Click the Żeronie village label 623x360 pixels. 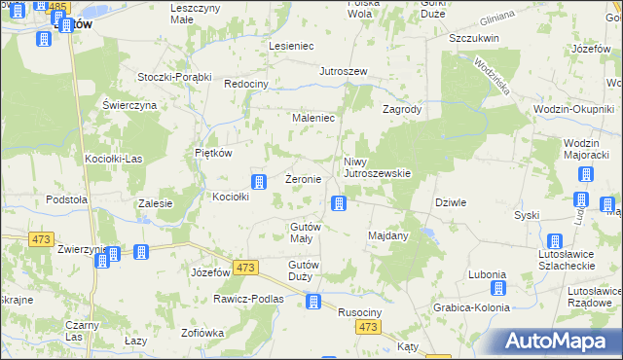303,180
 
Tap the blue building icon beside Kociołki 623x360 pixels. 259,182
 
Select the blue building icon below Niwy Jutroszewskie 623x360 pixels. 338,202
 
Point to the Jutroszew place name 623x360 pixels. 343,72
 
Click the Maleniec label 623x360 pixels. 314,118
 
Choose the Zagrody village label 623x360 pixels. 402,110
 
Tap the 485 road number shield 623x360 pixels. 57,7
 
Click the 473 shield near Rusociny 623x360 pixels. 367,329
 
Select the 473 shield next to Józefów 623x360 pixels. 246,268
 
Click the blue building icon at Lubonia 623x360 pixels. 497,288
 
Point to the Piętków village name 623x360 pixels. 212,153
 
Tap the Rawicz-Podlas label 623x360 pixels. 247,299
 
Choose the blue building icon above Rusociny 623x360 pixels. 313,302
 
